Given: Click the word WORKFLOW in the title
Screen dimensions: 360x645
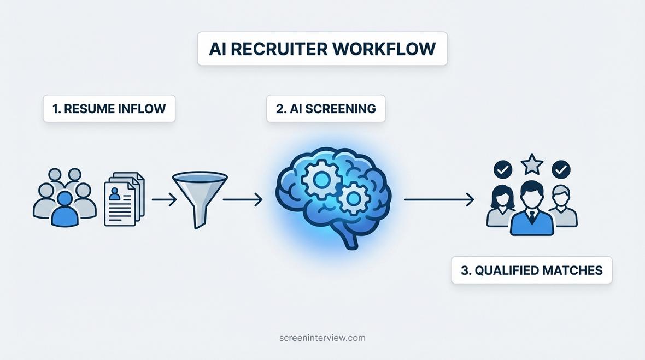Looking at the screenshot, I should point(384,49).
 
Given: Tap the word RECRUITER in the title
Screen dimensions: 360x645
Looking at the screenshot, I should point(279,49).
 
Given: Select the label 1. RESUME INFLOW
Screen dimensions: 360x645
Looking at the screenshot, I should point(109,109).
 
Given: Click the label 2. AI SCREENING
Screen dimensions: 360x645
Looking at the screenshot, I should point(326,109).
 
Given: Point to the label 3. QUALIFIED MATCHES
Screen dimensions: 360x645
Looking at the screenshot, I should point(531,270).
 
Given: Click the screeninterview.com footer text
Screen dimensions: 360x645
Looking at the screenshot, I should point(322,338).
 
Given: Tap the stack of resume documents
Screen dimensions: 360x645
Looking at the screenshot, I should point(124,199).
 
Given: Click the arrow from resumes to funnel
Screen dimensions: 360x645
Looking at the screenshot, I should point(164,200).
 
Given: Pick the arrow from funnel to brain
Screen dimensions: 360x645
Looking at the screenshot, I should point(243,200).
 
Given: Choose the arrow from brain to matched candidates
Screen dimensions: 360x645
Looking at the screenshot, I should point(439,200).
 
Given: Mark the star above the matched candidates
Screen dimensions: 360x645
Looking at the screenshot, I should point(532,164).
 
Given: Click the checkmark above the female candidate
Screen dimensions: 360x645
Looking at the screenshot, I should point(502,169).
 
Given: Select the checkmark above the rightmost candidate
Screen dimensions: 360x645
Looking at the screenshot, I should point(561,169).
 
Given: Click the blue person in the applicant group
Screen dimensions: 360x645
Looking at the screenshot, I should point(64,209).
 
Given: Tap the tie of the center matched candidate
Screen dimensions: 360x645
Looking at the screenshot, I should point(532,218).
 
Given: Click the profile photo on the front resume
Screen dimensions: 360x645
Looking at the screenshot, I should point(115,193).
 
